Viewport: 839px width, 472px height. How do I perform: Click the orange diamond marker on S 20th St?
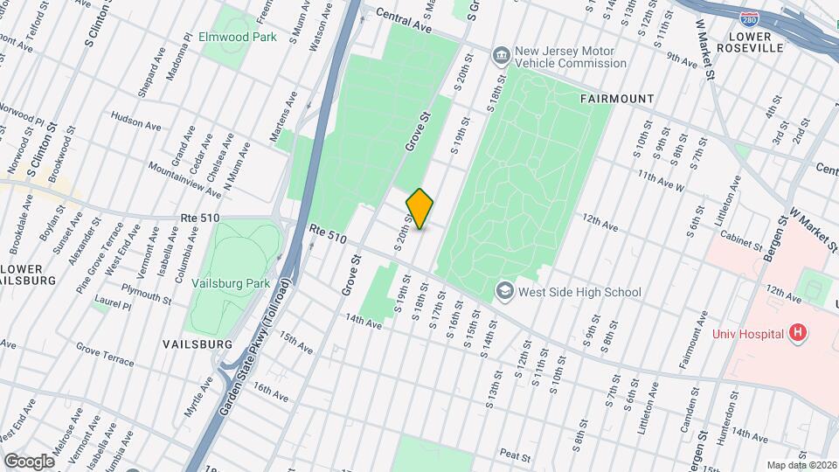click(419, 209)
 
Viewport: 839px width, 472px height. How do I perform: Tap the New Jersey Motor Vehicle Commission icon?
click(502, 57)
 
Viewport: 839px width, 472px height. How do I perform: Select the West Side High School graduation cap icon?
click(504, 291)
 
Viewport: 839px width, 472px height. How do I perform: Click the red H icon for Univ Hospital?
click(795, 332)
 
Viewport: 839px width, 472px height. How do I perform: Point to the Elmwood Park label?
click(238, 38)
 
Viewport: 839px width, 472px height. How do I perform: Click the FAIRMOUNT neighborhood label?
click(616, 99)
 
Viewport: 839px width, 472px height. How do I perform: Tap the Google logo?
click(29, 461)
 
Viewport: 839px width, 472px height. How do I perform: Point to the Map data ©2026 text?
click(801, 465)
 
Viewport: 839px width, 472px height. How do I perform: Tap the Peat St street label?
click(516, 455)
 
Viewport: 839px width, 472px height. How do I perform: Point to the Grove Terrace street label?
click(105, 354)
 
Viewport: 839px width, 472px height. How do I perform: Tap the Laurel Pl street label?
click(115, 306)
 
